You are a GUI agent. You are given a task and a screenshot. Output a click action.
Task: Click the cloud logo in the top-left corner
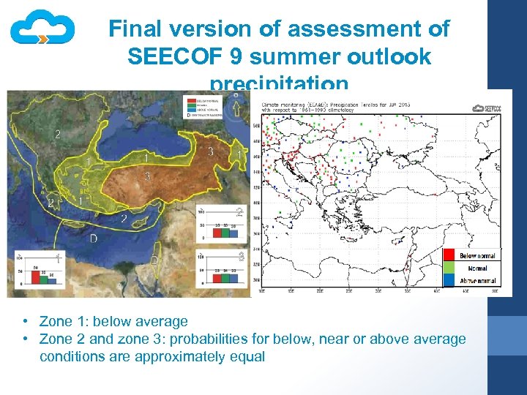pos(42,29)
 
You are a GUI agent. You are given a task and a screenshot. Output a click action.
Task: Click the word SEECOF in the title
pos(170,56)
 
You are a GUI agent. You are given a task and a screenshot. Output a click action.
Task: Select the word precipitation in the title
pos(279,83)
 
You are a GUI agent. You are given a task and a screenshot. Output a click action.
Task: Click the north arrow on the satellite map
pos(236,106)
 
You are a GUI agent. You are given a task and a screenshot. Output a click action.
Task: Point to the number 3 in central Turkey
pos(147,176)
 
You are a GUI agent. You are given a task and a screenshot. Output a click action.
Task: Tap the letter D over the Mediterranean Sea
pos(93,238)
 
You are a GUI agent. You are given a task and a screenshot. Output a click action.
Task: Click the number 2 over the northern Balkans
pos(58,134)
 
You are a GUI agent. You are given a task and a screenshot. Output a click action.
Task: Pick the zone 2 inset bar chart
pos(220,224)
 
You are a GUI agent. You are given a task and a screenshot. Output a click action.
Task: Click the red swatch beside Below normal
pos(449,255)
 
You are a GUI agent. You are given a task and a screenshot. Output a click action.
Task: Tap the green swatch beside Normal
pos(449,268)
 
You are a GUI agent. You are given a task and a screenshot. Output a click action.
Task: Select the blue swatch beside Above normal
pos(449,280)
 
